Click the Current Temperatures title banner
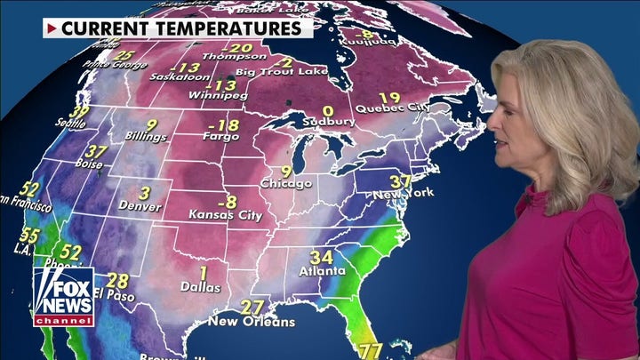(x=178, y=28)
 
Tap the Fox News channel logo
(x=63, y=296)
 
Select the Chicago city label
(x=286, y=184)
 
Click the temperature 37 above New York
(x=400, y=181)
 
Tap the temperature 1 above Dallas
(x=204, y=272)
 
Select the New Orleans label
(x=252, y=320)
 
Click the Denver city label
(x=140, y=207)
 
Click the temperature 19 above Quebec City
(x=388, y=98)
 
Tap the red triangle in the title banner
(x=52, y=28)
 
